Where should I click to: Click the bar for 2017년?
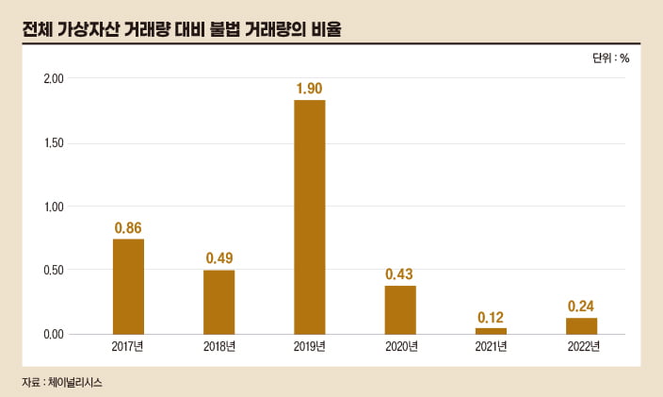(x=128, y=287)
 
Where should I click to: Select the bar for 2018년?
(x=218, y=302)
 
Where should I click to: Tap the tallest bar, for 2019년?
(x=309, y=217)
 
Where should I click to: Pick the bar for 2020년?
(x=399, y=309)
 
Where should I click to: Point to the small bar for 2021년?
(x=491, y=331)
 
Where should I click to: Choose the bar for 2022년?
(x=581, y=325)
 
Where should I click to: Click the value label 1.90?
(x=309, y=89)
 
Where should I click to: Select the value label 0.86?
(x=128, y=227)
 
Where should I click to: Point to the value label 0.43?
(x=399, y=273)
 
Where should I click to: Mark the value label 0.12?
(x=491, y=316)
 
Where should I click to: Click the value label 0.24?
(x=581, y=306)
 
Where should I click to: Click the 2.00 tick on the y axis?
(x=54, y=79)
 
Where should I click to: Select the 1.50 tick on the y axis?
(x=54, y=143)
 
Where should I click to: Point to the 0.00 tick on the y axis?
(x=54, y=335)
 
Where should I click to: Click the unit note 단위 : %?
(x=610, y=58)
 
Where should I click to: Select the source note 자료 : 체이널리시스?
(x=61, y=383)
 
